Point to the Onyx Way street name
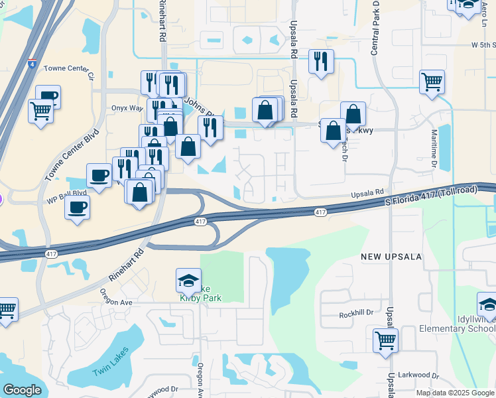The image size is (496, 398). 127,108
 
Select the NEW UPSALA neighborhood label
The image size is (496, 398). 387,256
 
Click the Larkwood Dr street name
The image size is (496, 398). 417,375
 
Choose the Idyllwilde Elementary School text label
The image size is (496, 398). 457,324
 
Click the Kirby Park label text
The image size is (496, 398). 200,298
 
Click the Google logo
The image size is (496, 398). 22,389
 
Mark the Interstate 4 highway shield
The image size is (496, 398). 32,64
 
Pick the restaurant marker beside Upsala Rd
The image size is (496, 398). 321,62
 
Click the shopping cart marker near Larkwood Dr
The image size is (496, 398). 385,342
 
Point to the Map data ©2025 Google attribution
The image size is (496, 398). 456,393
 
